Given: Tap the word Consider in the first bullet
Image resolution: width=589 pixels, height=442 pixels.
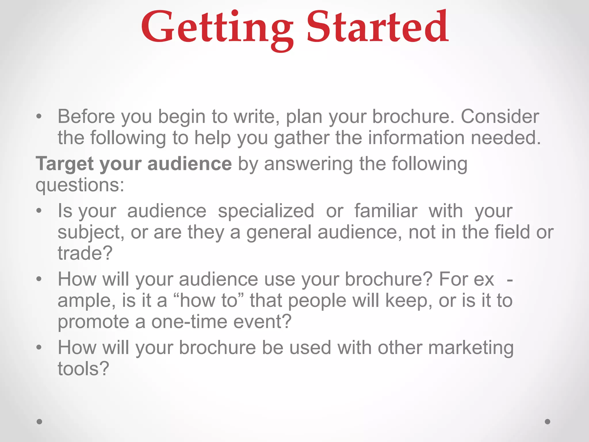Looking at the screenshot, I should (500, 117).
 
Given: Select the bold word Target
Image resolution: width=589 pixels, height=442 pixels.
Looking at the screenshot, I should (64, 164).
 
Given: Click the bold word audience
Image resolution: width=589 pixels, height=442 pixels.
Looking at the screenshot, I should (190, 163).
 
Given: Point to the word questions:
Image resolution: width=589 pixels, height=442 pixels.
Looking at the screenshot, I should (80, 185).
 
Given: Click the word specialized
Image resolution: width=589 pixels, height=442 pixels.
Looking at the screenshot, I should (266, 211).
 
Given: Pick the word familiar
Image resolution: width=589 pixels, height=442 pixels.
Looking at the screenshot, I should (386, 211).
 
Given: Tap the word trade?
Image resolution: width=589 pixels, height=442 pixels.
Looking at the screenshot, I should (85, 253).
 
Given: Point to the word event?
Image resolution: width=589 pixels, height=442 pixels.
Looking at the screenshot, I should (262, 322).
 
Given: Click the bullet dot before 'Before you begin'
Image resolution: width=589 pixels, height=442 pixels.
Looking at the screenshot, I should (39, 117).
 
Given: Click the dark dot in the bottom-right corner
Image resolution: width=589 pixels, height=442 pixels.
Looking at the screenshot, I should (548, 422).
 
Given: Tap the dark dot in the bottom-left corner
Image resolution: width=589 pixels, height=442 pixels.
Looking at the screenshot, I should (39, 422).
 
